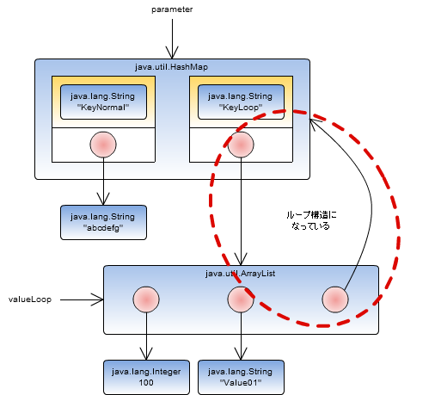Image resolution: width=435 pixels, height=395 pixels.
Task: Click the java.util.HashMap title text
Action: tap(172, 66)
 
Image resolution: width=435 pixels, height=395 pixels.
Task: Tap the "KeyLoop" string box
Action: tap(241, 101)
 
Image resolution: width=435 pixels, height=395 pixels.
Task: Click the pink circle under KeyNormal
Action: tap(103, 145)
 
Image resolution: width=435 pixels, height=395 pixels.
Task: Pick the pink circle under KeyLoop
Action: tap(241, 145)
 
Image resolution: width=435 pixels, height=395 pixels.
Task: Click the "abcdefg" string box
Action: tap(103, 222)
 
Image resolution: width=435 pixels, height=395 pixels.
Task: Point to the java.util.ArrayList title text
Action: tap(241, 273)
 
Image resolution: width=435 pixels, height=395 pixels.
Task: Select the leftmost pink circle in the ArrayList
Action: tap(146, 299)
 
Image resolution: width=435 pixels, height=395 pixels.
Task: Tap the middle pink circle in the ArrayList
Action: tap(241, 299)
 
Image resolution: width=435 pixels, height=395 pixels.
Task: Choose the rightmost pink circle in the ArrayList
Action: tap(335, 299)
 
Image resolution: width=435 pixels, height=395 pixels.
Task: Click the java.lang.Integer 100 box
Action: tap(146, 376)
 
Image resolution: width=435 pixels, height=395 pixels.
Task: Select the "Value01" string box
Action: tap(241, 376)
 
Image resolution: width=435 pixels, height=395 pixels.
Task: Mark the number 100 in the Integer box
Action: tap(146, 382)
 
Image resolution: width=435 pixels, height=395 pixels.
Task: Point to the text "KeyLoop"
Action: tap(241, 108)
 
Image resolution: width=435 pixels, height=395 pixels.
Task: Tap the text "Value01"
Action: tap(241, 382)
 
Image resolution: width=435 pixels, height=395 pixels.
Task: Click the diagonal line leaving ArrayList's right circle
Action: tap(350, 276)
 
